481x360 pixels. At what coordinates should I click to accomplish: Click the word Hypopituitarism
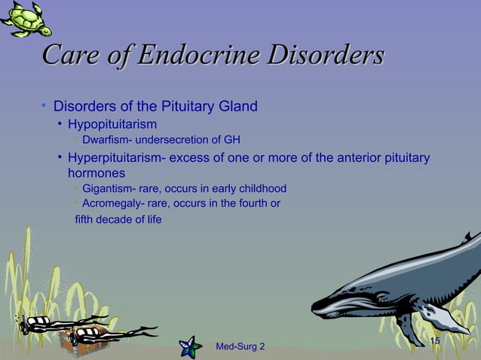112,124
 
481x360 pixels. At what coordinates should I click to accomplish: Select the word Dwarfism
106,139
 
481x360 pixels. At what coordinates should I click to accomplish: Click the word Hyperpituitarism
113,158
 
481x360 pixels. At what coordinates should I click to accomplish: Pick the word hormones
97,173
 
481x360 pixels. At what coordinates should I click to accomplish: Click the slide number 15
434,342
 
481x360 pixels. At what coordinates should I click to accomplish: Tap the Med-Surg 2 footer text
240,346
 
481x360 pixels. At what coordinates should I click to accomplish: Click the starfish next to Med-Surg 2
189,347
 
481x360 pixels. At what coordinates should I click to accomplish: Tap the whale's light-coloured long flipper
443,319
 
